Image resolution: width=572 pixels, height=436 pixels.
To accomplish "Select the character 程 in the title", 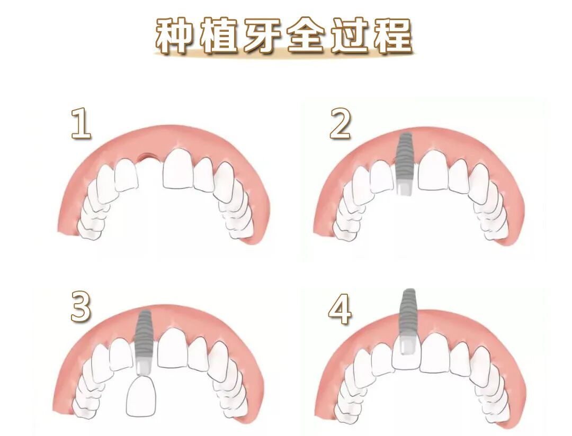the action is (393, 36).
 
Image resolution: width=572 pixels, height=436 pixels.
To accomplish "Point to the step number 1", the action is (82, 123).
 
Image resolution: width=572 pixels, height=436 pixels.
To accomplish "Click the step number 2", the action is (341, 123).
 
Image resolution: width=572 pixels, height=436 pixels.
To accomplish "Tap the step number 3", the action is (81, 306).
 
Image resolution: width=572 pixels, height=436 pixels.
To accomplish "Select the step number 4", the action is (340, 309).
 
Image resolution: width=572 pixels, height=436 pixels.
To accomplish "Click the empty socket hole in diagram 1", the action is (147, 157).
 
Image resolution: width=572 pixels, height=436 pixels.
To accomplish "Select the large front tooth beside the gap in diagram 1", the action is (179, 168).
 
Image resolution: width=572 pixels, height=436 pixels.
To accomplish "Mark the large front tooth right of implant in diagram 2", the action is (434, 170).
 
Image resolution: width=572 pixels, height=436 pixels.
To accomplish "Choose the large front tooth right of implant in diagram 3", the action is (173, 349).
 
